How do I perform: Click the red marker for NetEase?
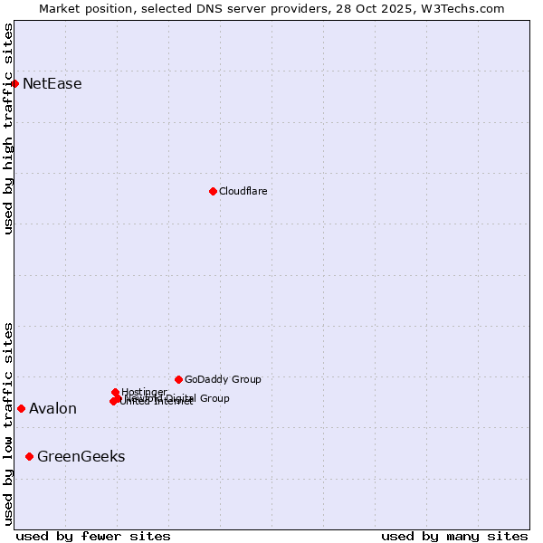pos(14,83)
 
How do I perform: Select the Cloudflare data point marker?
pos(213,191)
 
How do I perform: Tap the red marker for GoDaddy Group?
pos(178,379)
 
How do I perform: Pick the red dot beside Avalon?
pos(21,408)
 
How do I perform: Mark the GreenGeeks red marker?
pos(29,456)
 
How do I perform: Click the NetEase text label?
pos(52,84)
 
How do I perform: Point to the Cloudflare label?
pos(243,191)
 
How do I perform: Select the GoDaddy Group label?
pos(223,379)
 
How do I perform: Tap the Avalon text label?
pos(52,409)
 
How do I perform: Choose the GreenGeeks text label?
pos(81,457)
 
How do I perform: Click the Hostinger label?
pos(144,392)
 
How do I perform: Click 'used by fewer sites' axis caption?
pos(93,536)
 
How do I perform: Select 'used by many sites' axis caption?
pos(454,536)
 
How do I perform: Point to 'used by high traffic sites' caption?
pos(9,129)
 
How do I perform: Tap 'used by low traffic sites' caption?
pos(9,424)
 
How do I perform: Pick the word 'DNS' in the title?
pos(200,8)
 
